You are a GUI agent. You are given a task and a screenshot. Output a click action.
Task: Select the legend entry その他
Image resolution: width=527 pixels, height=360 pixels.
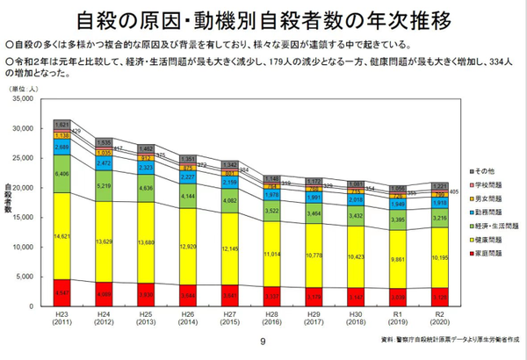[478, 169]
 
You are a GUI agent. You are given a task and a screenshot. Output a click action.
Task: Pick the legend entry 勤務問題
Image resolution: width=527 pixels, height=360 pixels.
[481, 213]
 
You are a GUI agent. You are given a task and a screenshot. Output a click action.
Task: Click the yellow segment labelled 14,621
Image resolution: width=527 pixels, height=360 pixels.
[61, 234]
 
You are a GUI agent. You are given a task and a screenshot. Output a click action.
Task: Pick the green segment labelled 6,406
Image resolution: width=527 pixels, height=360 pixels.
[61, 174]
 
